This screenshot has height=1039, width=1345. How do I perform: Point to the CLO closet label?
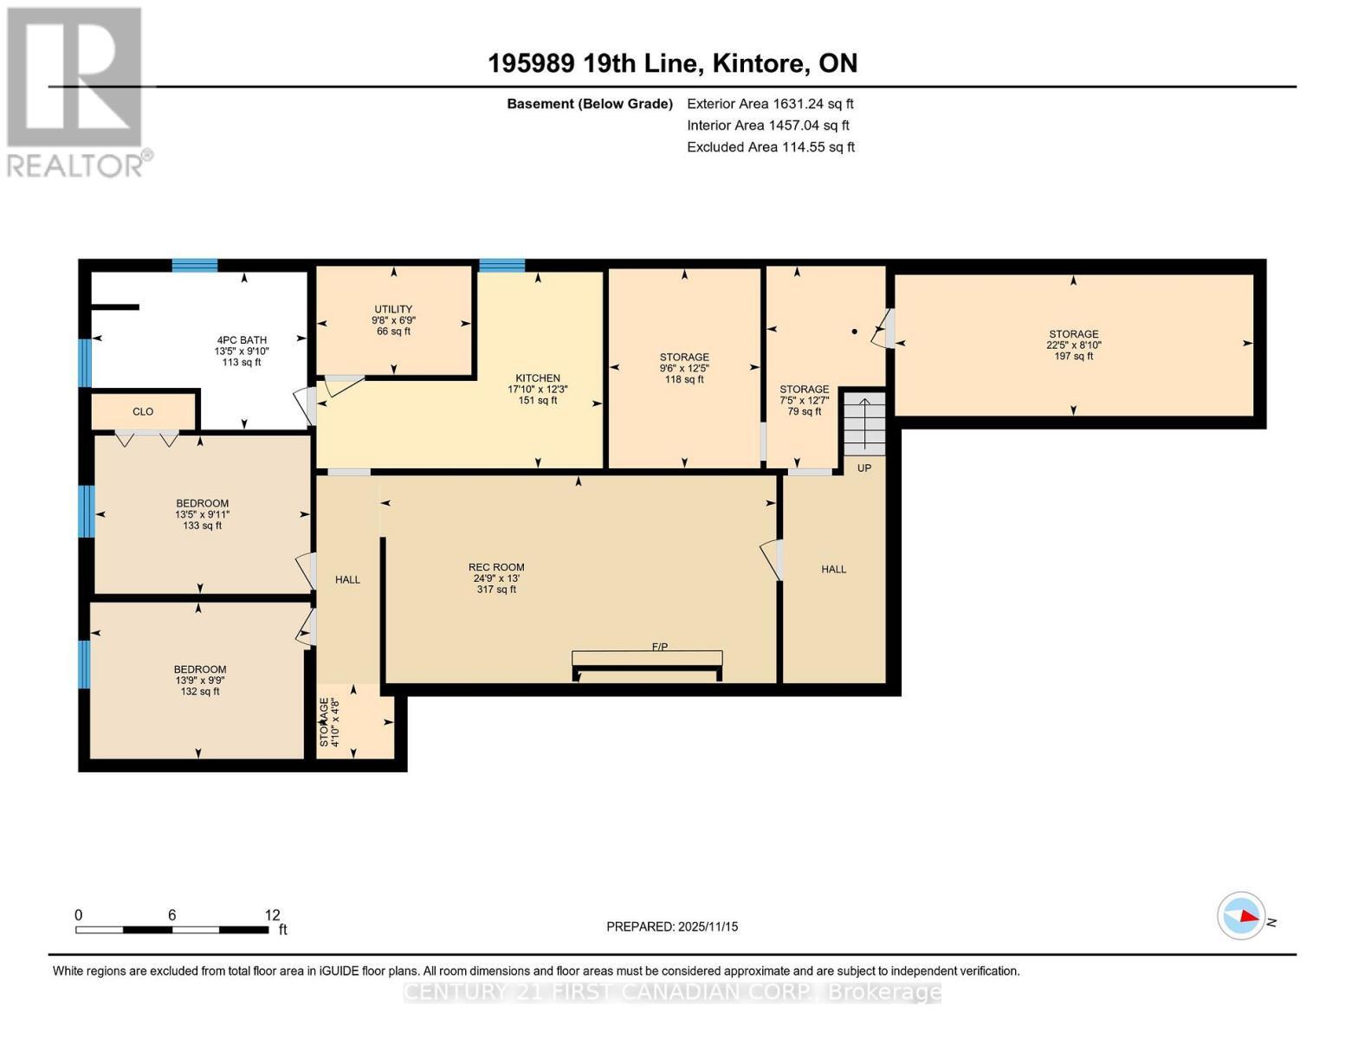(143, 412)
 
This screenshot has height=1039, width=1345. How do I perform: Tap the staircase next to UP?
(864, 423)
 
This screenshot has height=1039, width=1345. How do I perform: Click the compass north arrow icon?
(1242, 915)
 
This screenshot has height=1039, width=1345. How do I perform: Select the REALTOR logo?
(75, 91)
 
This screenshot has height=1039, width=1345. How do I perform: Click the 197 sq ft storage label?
(1073, 345)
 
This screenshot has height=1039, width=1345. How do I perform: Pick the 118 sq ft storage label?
(684, 368)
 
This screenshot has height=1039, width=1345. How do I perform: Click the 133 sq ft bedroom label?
(202, 514)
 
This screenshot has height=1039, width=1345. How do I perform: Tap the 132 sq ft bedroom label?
(200, 680)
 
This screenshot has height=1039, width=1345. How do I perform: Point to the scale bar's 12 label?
(272, 915)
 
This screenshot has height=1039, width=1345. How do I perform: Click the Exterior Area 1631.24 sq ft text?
(770, 104)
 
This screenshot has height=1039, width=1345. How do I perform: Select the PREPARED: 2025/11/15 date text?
(672, 926)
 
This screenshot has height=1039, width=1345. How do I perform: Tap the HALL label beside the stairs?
(834, 569)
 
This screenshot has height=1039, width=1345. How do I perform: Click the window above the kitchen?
(502, 265)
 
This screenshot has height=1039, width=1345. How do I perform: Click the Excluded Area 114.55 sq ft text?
(771, 147)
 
